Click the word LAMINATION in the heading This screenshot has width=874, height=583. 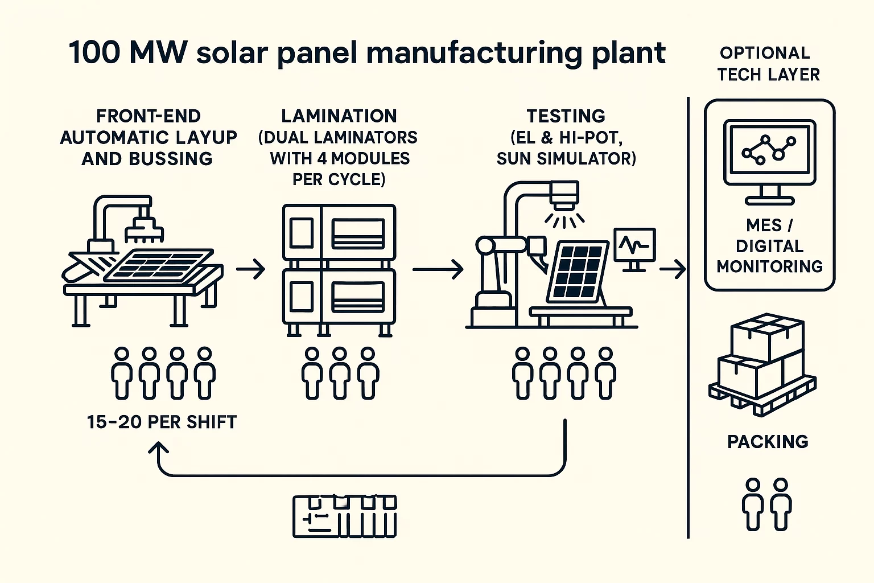point(339,116)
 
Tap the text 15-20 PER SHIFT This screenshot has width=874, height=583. point(162,422)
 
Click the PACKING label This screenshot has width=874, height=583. point(768,442)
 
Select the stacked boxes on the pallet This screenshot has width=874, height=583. point(762,364)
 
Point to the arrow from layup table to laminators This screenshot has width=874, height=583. point(251,269)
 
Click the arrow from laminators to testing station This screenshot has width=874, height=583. point(438,269)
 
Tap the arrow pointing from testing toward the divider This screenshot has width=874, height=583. point(673,269)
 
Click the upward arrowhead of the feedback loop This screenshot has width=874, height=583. point(159,449)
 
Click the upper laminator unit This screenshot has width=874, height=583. point(339,233)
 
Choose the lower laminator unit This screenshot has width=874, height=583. point(339,297)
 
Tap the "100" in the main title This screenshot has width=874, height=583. point(94,53)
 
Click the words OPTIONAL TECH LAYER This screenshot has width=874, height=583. point(768,64)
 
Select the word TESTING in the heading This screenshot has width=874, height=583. point(566,116)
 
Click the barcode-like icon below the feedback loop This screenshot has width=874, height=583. point(344,517)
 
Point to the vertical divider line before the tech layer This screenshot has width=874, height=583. point(689,319)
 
